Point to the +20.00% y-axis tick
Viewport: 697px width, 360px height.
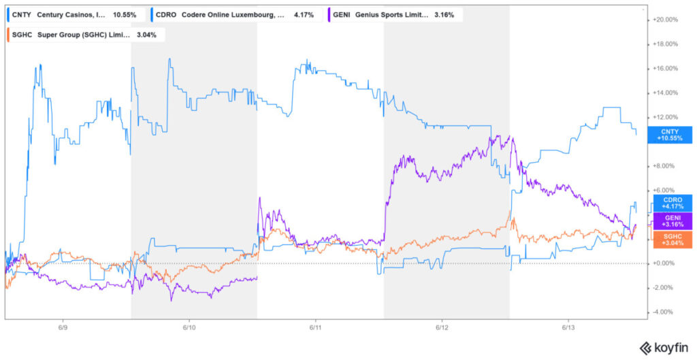click(x=665, y=20)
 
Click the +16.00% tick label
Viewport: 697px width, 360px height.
click(x=665, y=68)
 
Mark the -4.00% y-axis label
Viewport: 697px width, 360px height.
click(x=664, y=312)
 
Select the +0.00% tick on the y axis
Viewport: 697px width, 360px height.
click(x=664, y=263)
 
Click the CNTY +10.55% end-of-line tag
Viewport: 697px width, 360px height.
click(x=669, y=134)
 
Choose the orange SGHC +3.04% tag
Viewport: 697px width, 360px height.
click(x=669, y=238)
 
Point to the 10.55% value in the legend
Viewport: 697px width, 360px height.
click(x=125, y=14)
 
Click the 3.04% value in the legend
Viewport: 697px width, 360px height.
click(x=150, y=35)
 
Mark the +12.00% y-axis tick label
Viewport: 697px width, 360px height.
click(x=665, y=117)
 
